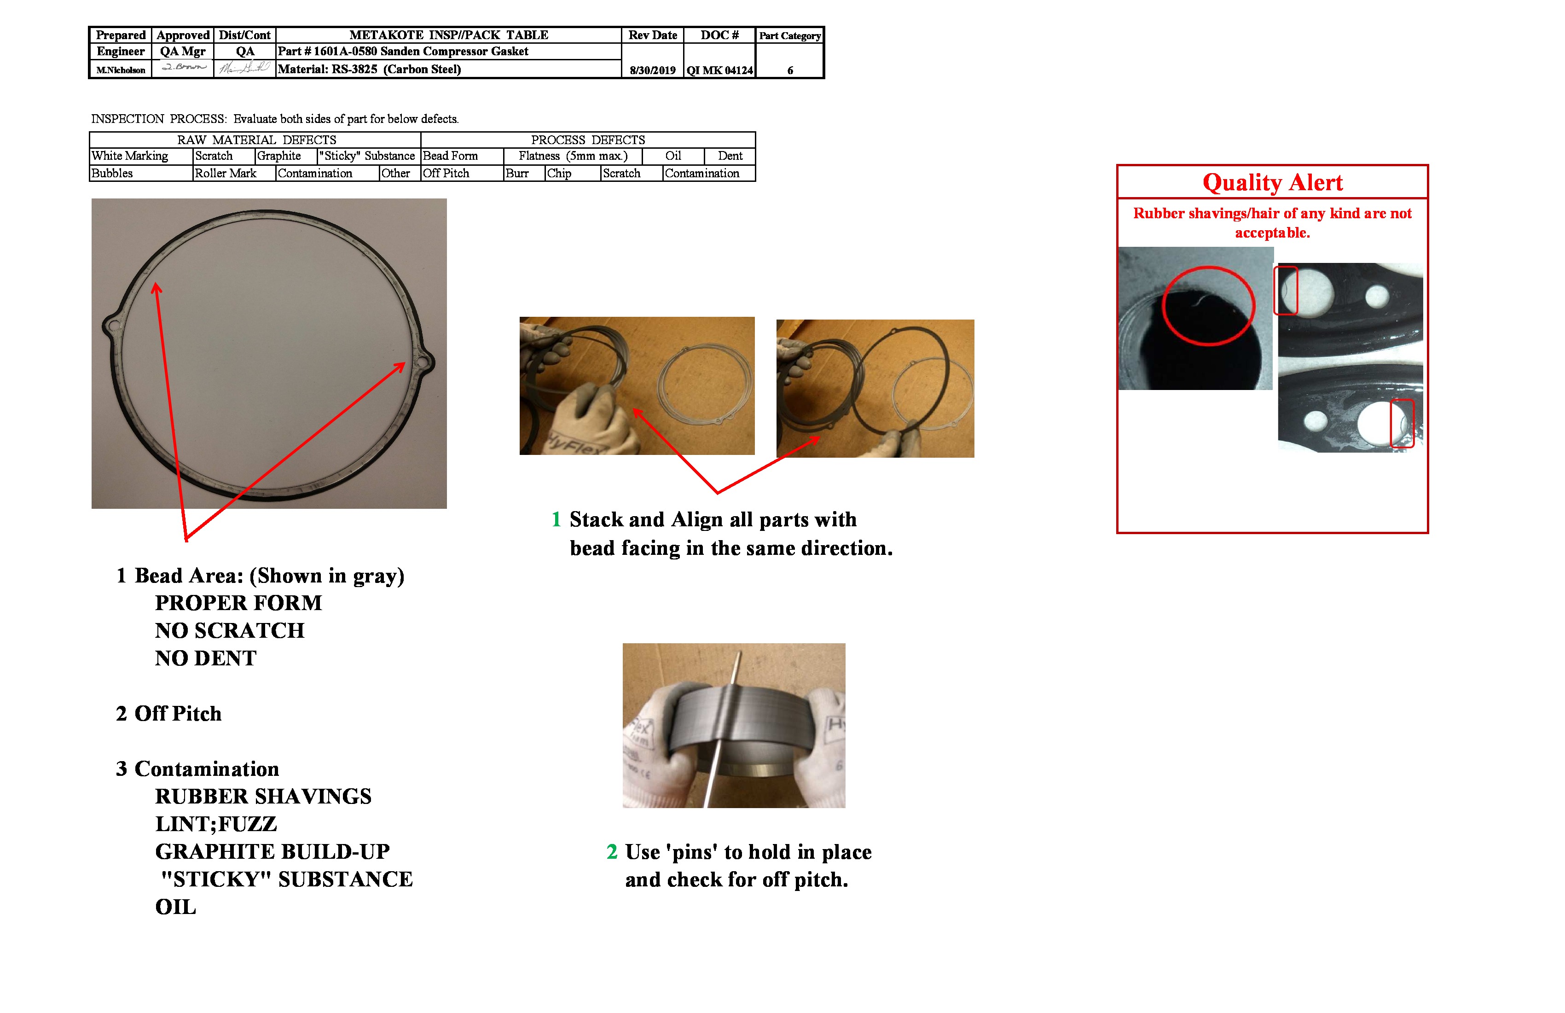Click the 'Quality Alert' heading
(x=1272, y=182)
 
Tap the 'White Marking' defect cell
(x=130, y=156)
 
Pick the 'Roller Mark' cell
(x=226, y=173)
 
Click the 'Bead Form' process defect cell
(x=451, y=156)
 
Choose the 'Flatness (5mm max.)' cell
(x=573, y=156)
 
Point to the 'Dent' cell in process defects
(x=730, y=156)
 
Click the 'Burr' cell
(x=517, y=173)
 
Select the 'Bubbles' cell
(x=112, y=173)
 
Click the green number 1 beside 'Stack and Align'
(x=556, y=520)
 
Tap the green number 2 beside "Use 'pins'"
(x=612, y=852)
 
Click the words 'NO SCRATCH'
(x=230, y=630)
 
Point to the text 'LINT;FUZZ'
(x=216, y=824)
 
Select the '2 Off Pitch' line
(x=169, y=714)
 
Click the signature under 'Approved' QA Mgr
(x=184, y=67)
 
